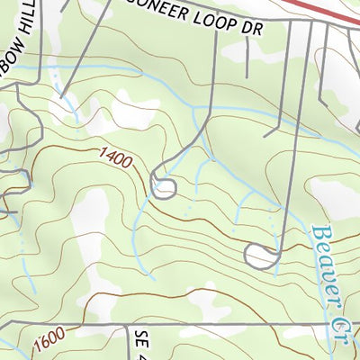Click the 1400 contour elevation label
[113, 160]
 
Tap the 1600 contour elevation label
[51, 341]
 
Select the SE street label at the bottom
[140, 343]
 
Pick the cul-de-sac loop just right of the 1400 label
[163, 188]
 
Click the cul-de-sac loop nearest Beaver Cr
[259, 256]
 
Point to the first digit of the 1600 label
[40, 347]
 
